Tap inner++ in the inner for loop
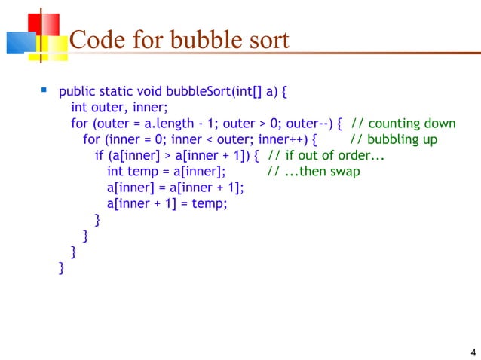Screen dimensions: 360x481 (x=282, y=140)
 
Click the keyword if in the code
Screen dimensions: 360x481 (x=100, y=156)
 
